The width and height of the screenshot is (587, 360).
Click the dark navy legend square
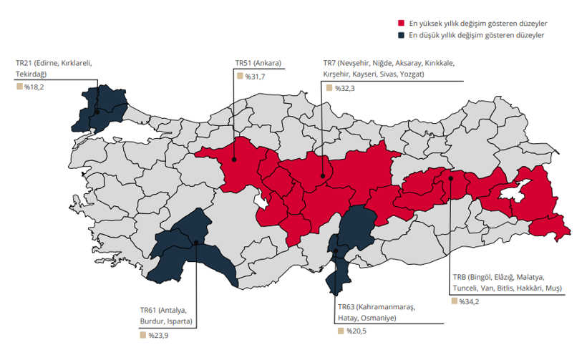pos(402,34)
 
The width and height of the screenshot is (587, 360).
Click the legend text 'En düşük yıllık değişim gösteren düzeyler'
pos(478,34)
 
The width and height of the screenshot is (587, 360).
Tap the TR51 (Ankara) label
pos(258,63)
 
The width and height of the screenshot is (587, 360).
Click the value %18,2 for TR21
pos(34,87)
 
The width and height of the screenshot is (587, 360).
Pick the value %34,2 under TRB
pos(470,301)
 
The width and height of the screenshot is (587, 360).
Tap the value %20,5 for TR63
pos(355,331)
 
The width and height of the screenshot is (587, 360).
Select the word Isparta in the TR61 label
pos(179,321)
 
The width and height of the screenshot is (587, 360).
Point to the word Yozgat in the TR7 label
pos(411,74)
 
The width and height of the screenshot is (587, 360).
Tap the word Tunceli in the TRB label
pos(467,288)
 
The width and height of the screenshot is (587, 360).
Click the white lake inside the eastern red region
pos(513,192)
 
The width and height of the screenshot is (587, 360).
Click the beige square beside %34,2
pos(455,301)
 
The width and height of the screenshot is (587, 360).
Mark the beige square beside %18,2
pos(19,87)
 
